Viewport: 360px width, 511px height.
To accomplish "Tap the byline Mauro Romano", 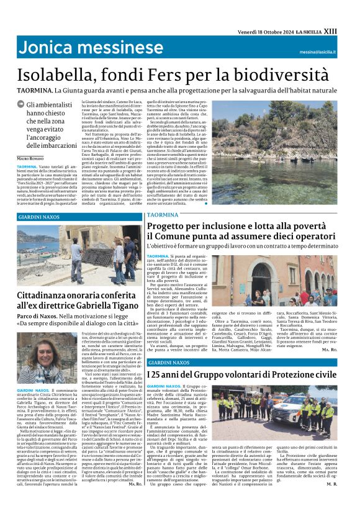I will point(32,160).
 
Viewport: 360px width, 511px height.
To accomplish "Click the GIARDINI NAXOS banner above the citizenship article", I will point(38,217).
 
